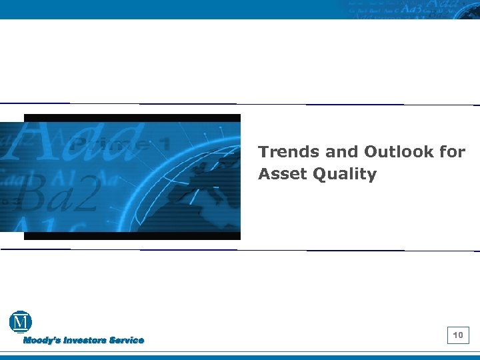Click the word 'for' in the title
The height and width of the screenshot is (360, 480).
452,152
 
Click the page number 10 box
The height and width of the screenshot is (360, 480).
459,335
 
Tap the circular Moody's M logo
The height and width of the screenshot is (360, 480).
21,322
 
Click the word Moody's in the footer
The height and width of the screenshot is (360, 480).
42,341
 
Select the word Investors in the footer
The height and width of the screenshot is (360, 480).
85,341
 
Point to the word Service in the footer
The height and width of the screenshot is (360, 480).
127,341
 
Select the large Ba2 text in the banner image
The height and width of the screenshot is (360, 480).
67,193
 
